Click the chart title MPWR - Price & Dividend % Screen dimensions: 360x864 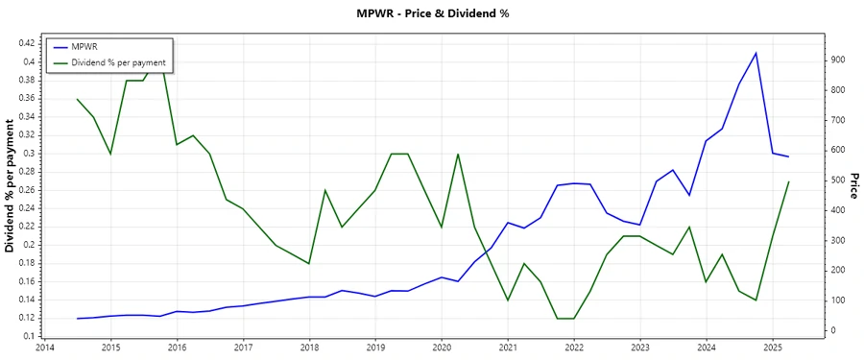(432, 14)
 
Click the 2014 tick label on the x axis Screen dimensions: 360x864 (44, 348)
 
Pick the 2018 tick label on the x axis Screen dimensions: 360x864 (309, 348)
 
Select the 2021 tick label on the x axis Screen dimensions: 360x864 (508, 348)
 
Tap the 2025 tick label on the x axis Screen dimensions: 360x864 (773, 348)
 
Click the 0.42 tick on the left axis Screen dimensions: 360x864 (23, 43)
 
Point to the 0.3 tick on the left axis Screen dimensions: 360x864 (27, 153)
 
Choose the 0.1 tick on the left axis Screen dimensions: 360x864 (27, 335)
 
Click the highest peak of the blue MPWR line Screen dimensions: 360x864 (756, 53)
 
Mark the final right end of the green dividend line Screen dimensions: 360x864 (789, 181)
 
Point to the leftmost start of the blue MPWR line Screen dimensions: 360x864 (77, 318)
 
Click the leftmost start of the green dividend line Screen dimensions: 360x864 (77, 99)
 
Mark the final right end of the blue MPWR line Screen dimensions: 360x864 (789, 156)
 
